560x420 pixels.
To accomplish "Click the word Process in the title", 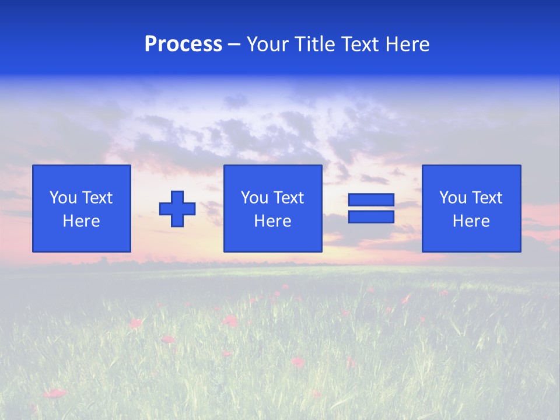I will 183,44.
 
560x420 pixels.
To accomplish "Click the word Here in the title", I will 408,44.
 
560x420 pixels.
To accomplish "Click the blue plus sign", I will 177,209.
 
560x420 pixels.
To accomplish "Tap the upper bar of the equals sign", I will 372,200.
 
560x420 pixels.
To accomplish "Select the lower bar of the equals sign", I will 372,216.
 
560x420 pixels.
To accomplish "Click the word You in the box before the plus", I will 62,198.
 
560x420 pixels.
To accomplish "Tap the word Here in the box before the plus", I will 82,221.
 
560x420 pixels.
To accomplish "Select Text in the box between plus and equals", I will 288,198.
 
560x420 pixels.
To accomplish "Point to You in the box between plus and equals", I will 254,198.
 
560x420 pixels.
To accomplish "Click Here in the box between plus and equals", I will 273,221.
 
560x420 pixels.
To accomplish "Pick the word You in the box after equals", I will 453,198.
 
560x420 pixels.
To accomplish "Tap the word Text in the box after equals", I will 487,198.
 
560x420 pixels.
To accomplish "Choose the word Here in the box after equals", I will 471,221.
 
